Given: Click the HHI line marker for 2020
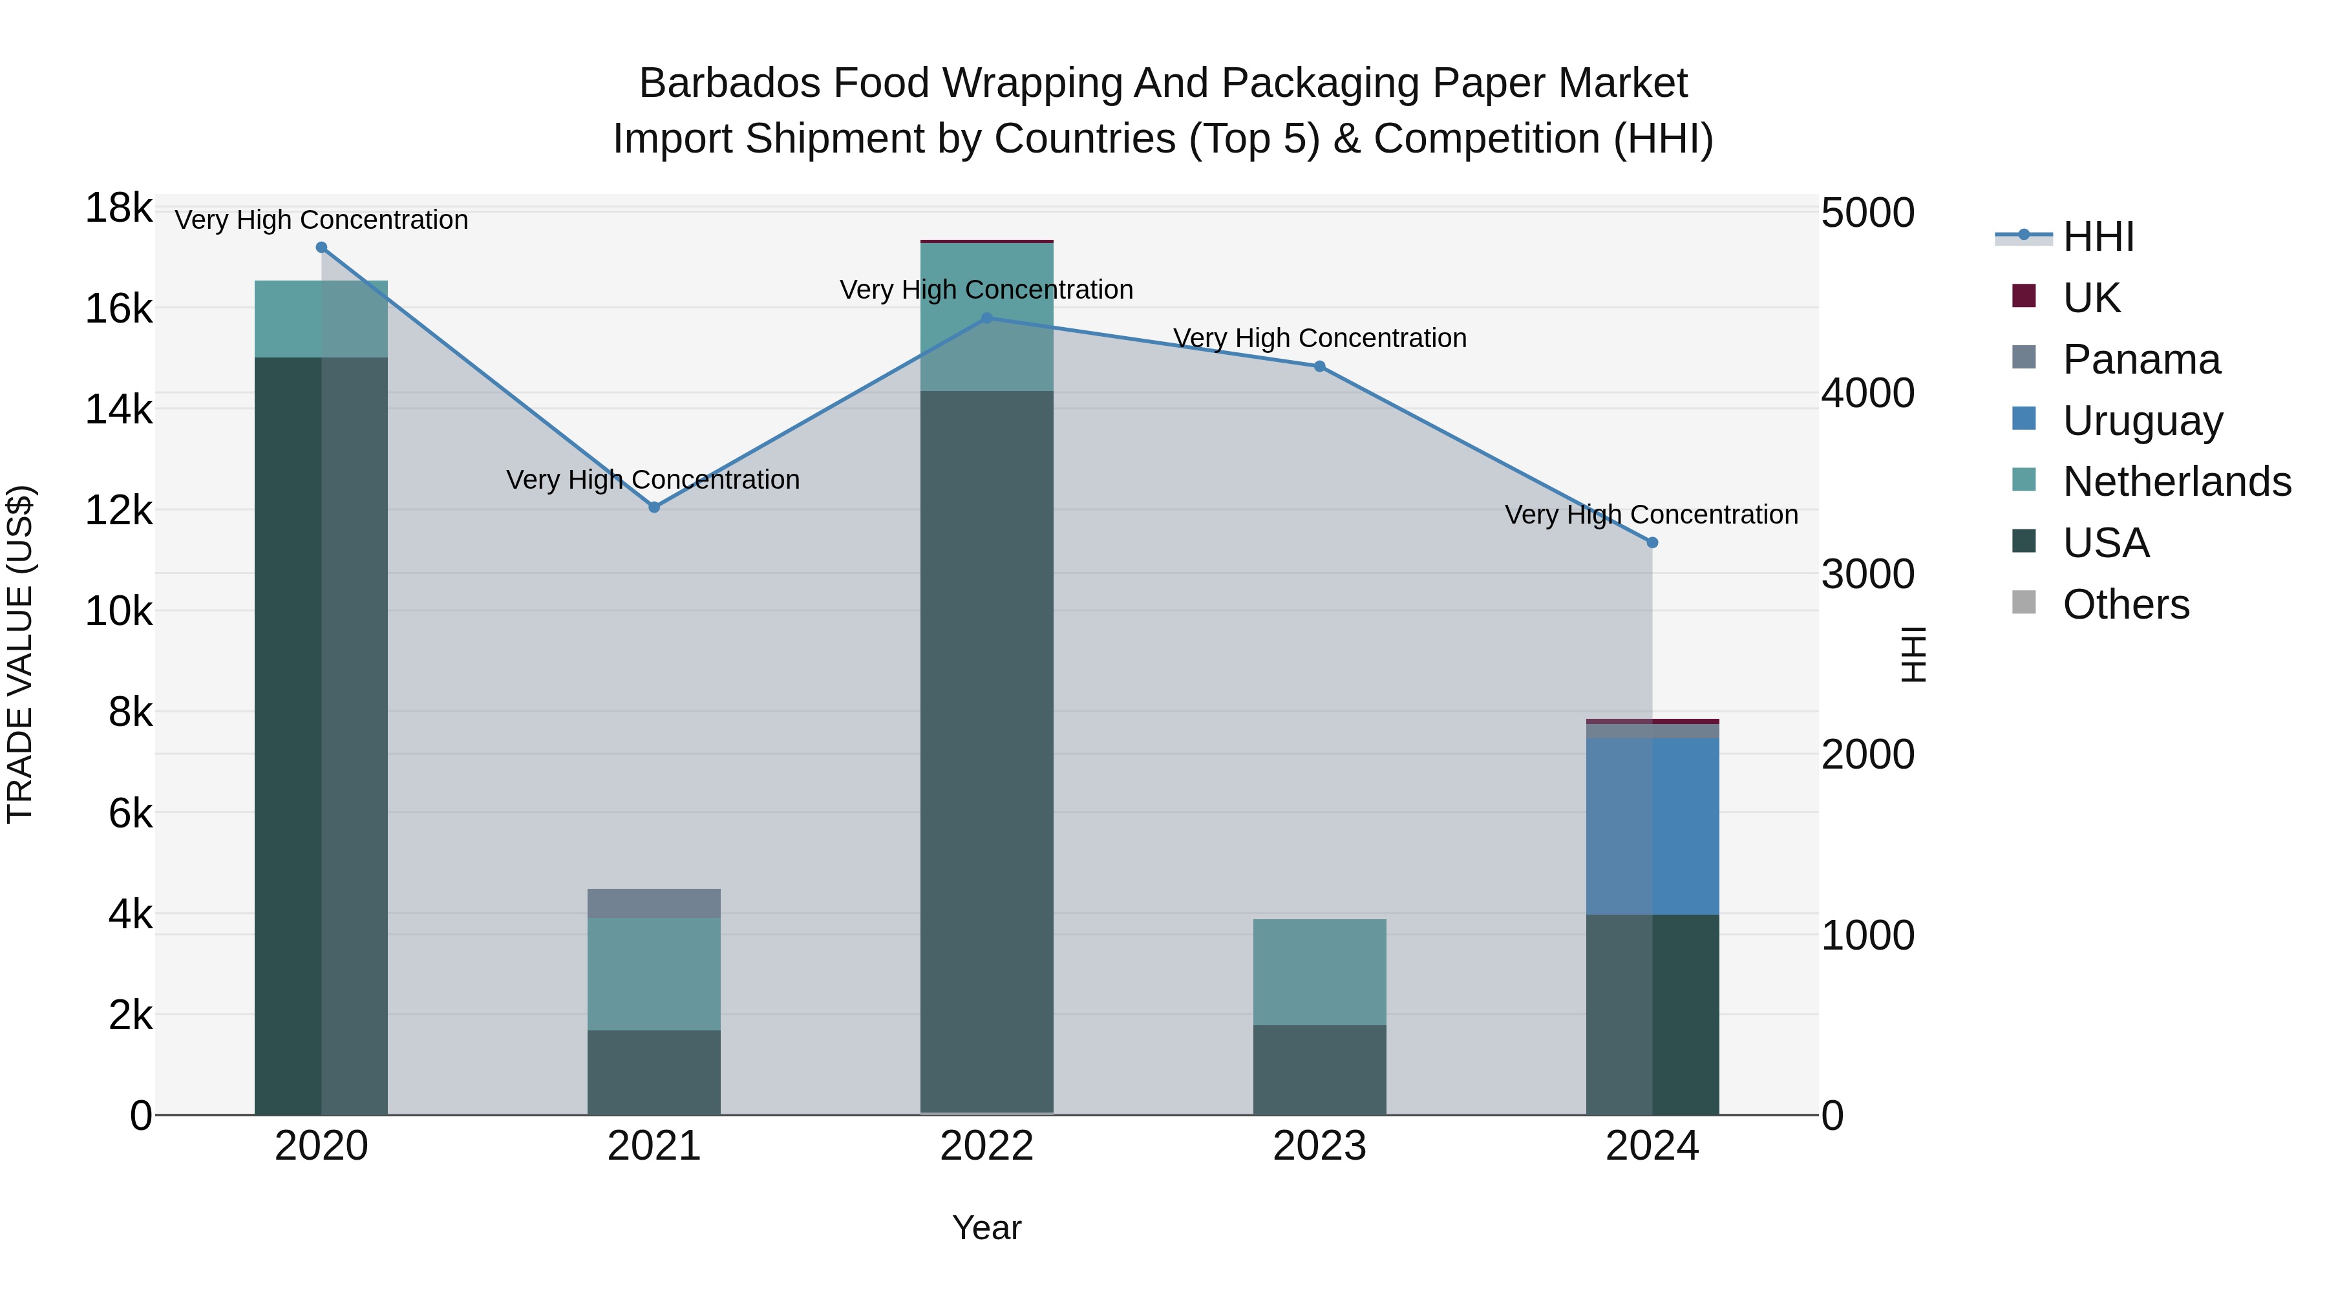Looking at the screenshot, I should [x=322, y=248].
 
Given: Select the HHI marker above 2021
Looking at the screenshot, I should [x=655, y=507].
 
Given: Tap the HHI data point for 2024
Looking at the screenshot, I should [x=1652, y=543].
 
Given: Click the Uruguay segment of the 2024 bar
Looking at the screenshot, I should [x=1652, y=827].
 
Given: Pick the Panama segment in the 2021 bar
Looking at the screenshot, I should [x=654, y=904].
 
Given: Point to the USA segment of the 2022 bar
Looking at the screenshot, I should [x=986, y=750].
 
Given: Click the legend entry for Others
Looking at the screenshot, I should [x=2125, y=604].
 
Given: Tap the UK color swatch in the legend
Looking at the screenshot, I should [x=2024, y=296].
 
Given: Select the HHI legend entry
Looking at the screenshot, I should [x=2098, y=237].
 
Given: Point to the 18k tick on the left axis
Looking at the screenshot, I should [x=118, y=209].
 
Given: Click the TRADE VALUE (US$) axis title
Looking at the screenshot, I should [x=20, y=654].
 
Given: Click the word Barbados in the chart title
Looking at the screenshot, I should [x=729, y=83].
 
